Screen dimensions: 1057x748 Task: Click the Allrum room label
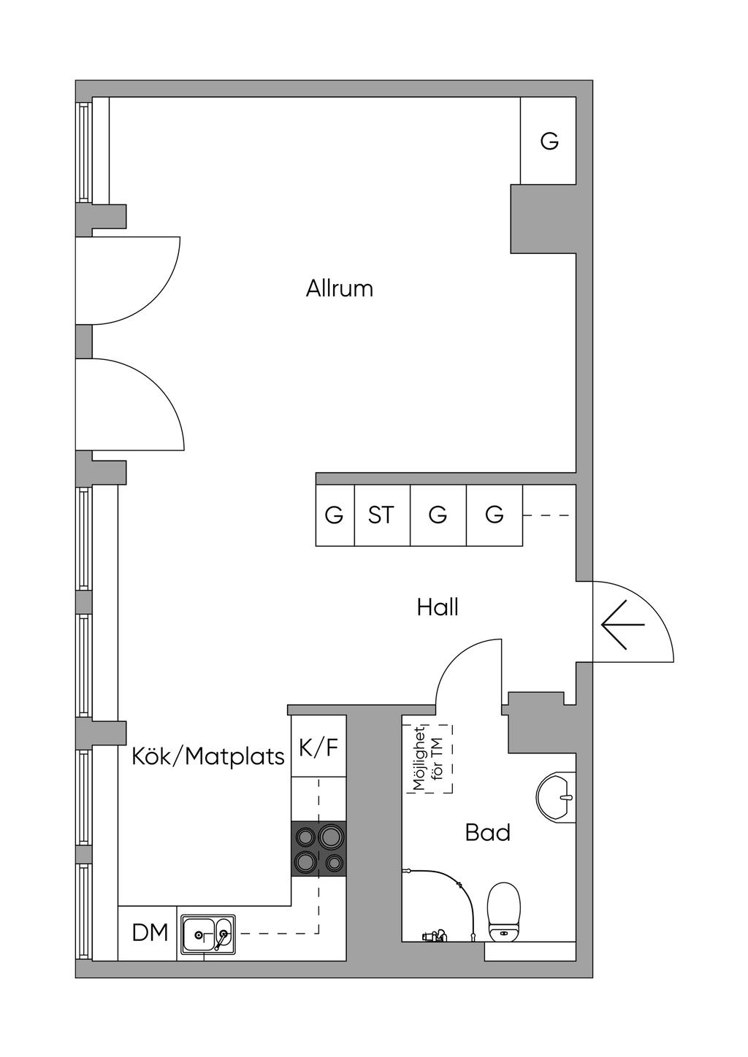[340, 288]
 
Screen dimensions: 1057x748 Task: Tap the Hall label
[438, 607]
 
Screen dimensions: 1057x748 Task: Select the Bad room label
[487, 832]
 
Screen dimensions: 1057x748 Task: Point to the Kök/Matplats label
[208, 756]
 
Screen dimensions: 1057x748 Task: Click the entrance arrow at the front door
[622, 625]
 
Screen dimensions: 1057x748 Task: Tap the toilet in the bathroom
[503, 910]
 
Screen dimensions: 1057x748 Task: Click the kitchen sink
[207, 934]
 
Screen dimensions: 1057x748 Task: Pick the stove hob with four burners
[318, 848]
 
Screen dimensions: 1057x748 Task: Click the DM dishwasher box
[150, 933]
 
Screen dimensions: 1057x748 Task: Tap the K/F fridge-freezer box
[318, 747]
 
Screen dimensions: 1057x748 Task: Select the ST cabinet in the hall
[381, 515]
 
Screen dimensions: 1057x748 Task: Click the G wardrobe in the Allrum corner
[549, 141]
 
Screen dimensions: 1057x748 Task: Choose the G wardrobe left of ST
[334, 515]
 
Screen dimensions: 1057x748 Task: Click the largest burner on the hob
[331, 835]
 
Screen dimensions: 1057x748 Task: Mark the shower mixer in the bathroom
[434, 936]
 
